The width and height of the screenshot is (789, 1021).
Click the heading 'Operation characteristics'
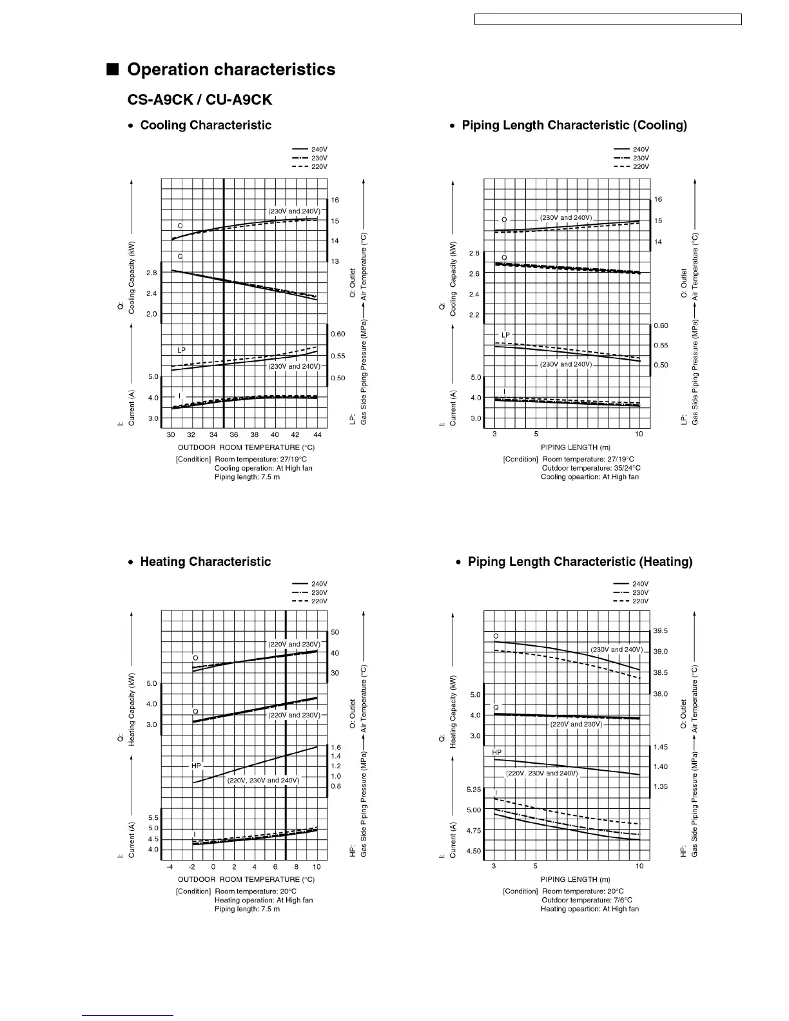[231, 70]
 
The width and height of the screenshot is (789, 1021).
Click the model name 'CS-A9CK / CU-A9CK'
[199, 100]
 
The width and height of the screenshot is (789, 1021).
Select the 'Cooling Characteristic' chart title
[206, 125]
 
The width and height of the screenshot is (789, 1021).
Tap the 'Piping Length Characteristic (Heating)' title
[580, 562]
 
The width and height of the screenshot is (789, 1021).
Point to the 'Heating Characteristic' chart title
[205, 562]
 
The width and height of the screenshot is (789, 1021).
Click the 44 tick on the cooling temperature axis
[317, 435]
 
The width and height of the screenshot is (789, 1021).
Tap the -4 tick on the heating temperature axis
[171, 867]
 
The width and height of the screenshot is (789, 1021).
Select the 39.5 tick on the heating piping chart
[660, 631]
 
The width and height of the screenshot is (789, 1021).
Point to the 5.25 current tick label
[474, 790]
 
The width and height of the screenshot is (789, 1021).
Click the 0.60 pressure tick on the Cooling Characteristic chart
[338, 334]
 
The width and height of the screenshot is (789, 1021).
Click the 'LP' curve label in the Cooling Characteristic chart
[182, 349]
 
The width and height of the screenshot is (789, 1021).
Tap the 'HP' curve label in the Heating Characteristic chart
[196, 766]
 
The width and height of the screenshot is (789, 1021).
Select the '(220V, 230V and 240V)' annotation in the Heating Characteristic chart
[264, 781]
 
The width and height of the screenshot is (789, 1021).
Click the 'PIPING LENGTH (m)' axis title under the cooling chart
[576, 447]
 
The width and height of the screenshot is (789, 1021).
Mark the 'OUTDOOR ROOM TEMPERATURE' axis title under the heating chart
[246, 879]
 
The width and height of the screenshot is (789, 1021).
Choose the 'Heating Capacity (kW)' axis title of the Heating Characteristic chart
[132, 710]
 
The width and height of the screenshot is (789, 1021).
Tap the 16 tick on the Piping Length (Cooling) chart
[658, 200]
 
